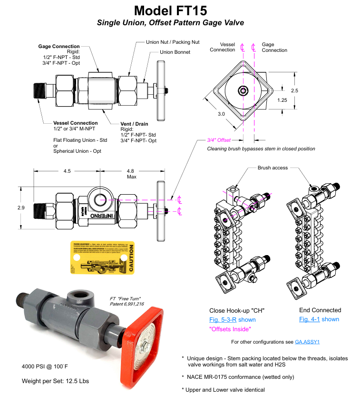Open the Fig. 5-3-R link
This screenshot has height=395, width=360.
(x=223, y=319)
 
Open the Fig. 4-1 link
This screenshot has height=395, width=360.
(x=310, y=319)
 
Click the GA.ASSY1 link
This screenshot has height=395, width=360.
(x=308, y=342)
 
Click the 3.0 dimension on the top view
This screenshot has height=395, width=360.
(x=221, y=114)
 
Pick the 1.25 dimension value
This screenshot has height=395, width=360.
(x=282, y=100)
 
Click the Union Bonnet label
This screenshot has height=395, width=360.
(x=175, y=52)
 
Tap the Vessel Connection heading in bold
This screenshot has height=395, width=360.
(x=76, y=123)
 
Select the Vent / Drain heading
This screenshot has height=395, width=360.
(x=135, y=124)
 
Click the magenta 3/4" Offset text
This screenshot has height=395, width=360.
(x=219, y=140)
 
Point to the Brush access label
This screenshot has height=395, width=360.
(x=272, y=168)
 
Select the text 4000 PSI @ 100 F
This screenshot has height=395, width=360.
(x=45, y=366)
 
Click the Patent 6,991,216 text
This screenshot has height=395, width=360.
(x=120, y=303)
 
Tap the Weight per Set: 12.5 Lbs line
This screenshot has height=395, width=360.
(x=55, y=381)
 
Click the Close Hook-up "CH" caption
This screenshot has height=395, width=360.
(x=237, y=310)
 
